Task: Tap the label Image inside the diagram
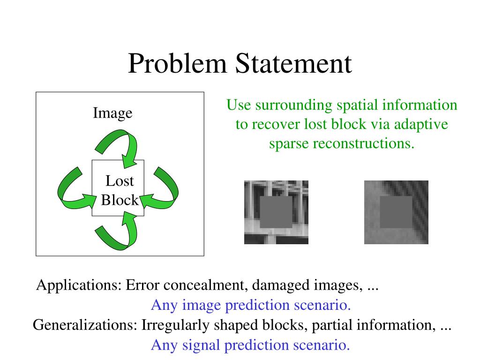112,113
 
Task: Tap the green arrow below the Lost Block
118,232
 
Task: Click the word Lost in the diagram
120,181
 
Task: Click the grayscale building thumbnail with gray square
276,212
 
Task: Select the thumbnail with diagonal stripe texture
396,212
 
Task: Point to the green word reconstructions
364,143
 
